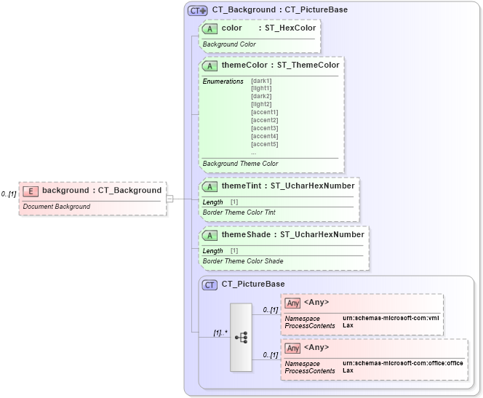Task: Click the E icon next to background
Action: [x=31, y=191]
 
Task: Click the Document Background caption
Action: [x=57, y=207]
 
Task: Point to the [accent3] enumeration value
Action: [x=264, y=128]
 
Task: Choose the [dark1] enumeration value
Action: [x=261, y=80]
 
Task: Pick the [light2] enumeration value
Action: [x=261, y=104]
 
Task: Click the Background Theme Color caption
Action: [x=240, y=164]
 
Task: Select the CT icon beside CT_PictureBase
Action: [x=210, y=284]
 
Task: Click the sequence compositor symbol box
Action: [x=241, y=338]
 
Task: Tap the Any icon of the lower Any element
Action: [x=293, y=348]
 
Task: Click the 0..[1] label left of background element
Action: [x=9, y=194]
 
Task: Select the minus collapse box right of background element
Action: [x=169, y=198]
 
